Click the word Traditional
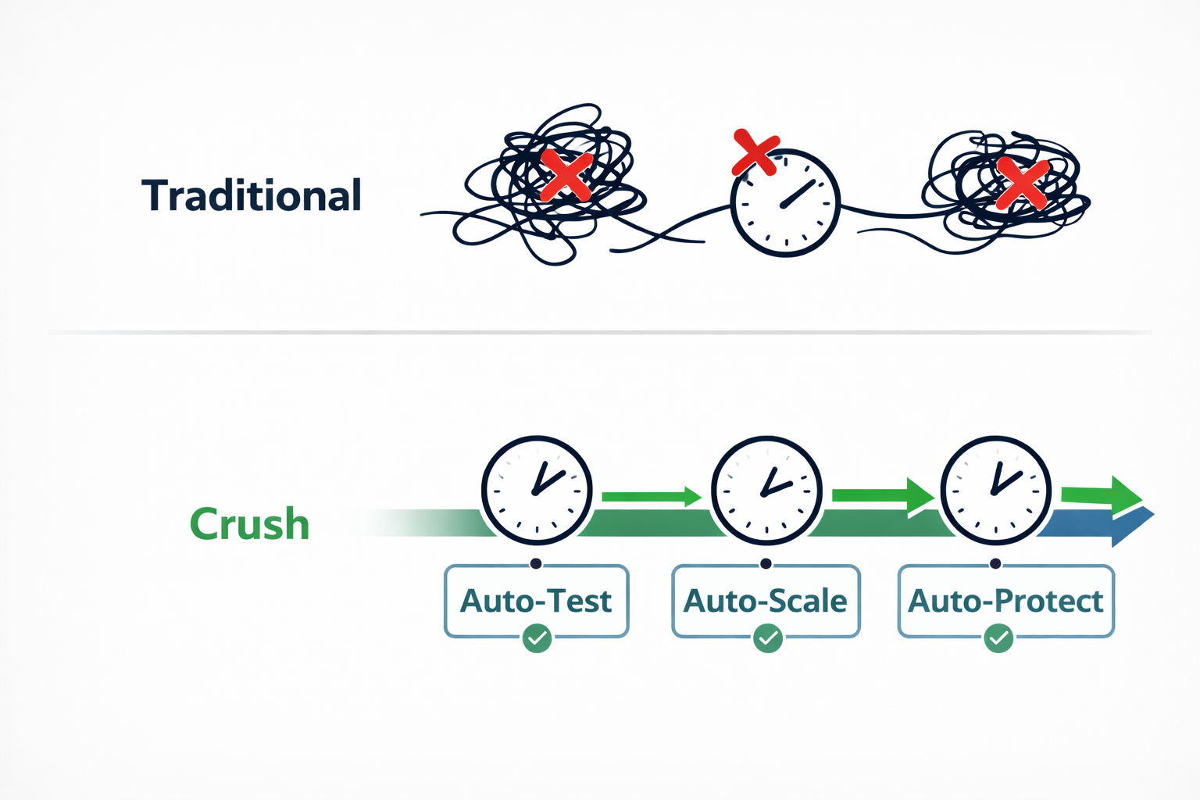tap(252, 195)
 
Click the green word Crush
tap(249, 524)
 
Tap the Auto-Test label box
tap(536, 601)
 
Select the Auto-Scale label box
tap(766, 601)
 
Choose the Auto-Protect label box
tap(1005, 601)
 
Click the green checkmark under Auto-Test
tap(537, 638)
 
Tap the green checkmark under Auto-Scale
tap(767, 638)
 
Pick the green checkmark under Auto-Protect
tap(998, 638)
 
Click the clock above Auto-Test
tap(537, 491)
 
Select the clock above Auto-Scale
tap(766, 491)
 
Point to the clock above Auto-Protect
tap(995, 491)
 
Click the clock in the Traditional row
tap(785, 203)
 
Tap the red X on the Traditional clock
tap(755, 152)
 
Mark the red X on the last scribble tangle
tap(1022, 183)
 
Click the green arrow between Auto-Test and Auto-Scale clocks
tap(652, 496)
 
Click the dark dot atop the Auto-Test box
tap(536, 563)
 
